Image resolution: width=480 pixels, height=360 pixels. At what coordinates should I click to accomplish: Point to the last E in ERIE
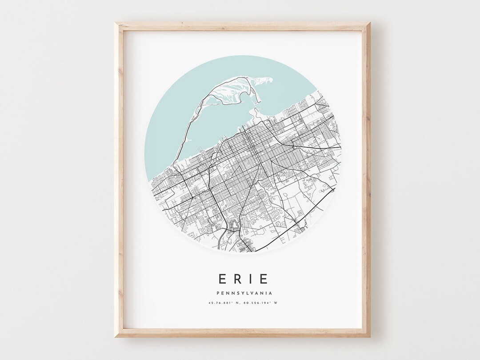[264, 279]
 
